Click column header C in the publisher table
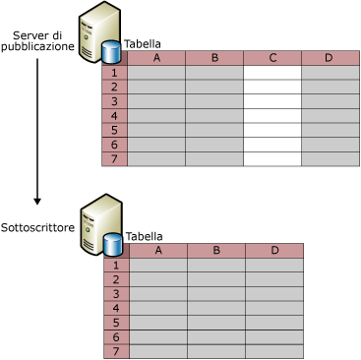tap(272, 58)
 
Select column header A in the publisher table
tap(156, 58)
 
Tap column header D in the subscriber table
tap(274, 251)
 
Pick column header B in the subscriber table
tap(216, 251)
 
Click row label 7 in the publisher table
tap(114, 159)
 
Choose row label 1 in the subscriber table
tap(116, 266)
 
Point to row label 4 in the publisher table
tap(114, 116)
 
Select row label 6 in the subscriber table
tap(116, 337)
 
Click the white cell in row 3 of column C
tap(272, 101)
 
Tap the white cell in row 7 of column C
tap(272, 159)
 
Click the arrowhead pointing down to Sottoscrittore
tap(37, 201)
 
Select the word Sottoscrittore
tap(37, 227)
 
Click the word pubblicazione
tap(37, 46)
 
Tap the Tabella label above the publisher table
tap(143, 44)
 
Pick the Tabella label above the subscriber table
tap(145, 236)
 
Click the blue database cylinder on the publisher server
tap(111, 52)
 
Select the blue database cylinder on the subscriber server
tap(113, 244)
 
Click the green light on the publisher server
tap(87, 37)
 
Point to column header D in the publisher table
tap(329, 58)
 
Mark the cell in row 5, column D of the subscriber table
tap(274, 323)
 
